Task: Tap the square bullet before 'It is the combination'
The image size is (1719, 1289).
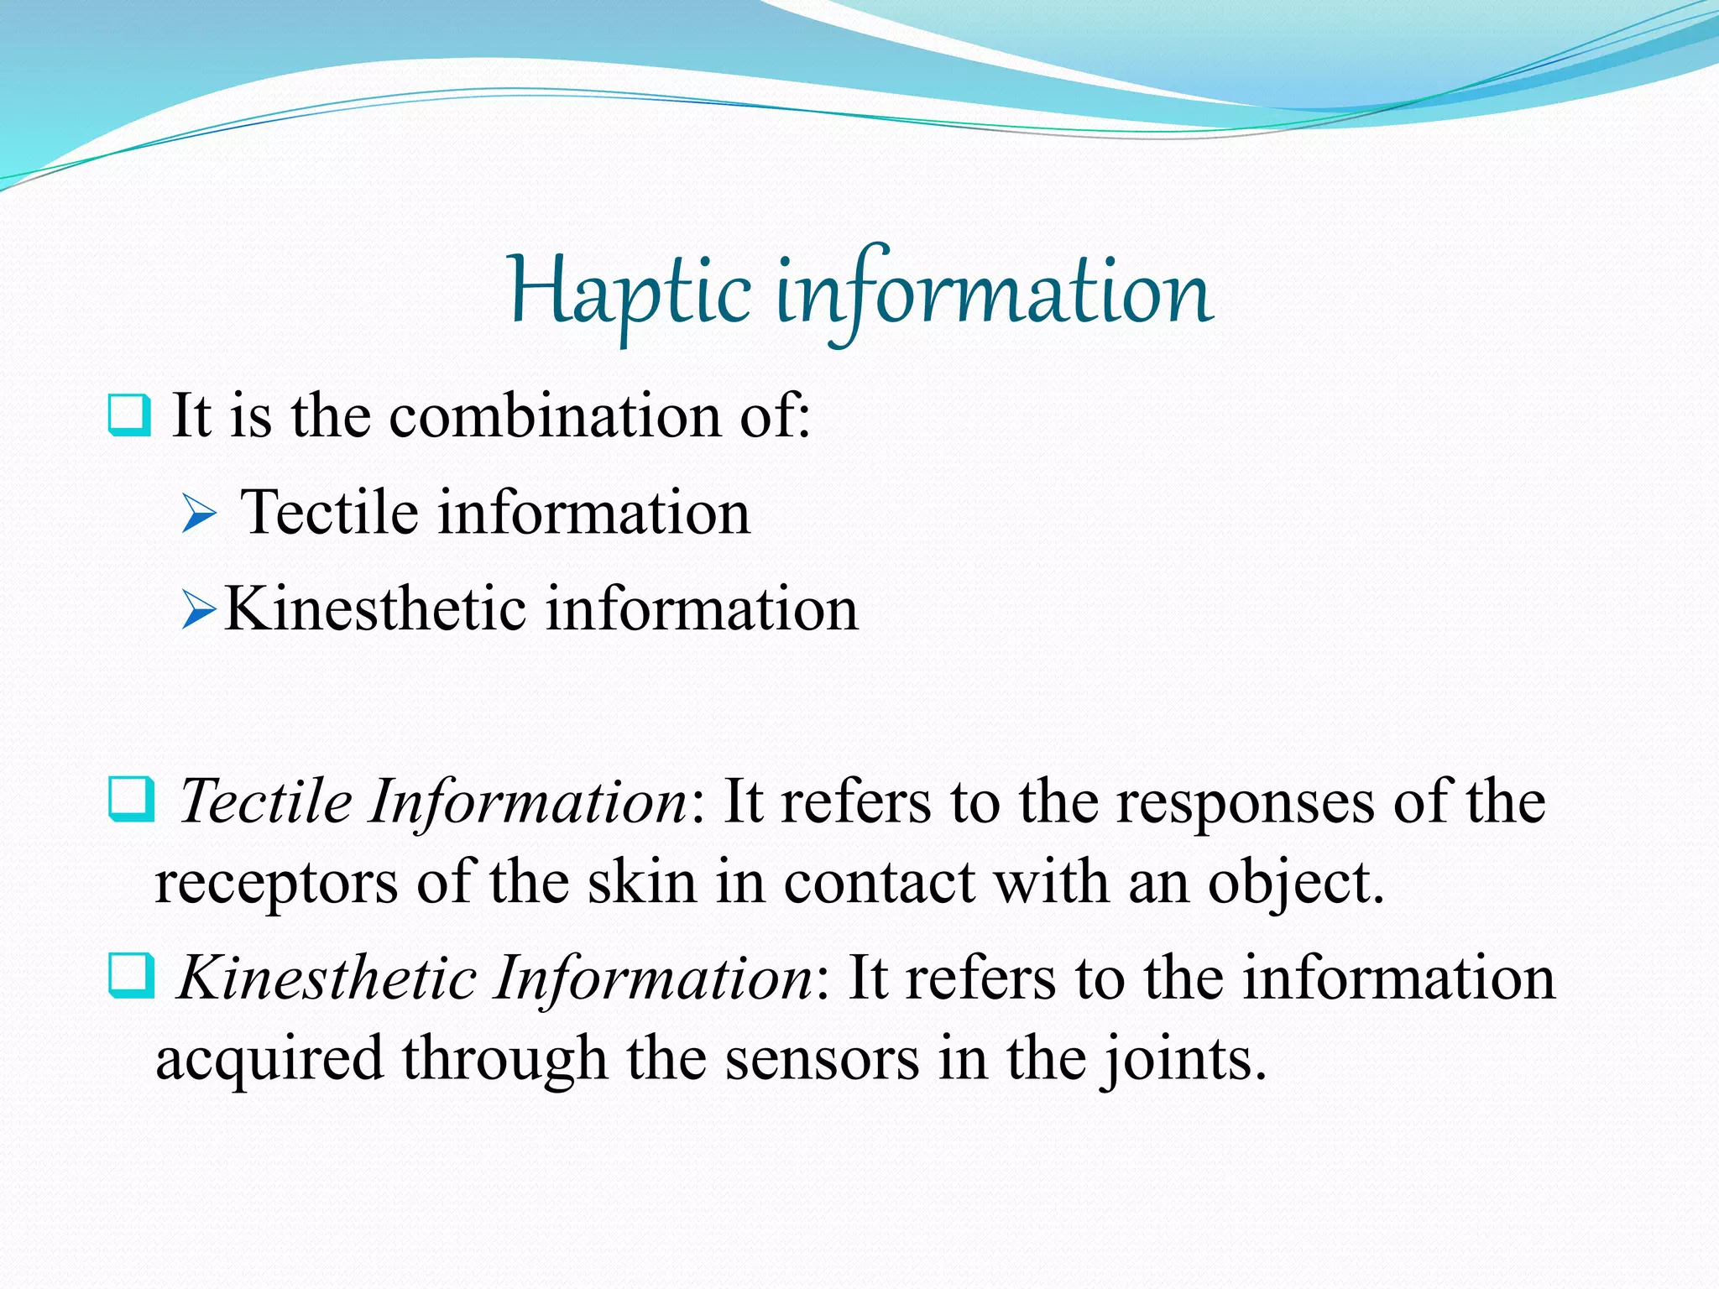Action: [129, 415]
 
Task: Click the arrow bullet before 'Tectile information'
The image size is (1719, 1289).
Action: [199, 514]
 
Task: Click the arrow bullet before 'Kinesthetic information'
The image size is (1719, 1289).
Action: [199, 610]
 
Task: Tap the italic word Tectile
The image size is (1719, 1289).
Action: [266, 801]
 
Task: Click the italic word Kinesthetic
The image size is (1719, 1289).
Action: [327, 978]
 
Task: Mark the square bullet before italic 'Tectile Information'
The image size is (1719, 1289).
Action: [131, 799]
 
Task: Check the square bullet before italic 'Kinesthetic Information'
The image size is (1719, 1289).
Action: [131, 975]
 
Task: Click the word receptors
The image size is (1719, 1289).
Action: [277, 885]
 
